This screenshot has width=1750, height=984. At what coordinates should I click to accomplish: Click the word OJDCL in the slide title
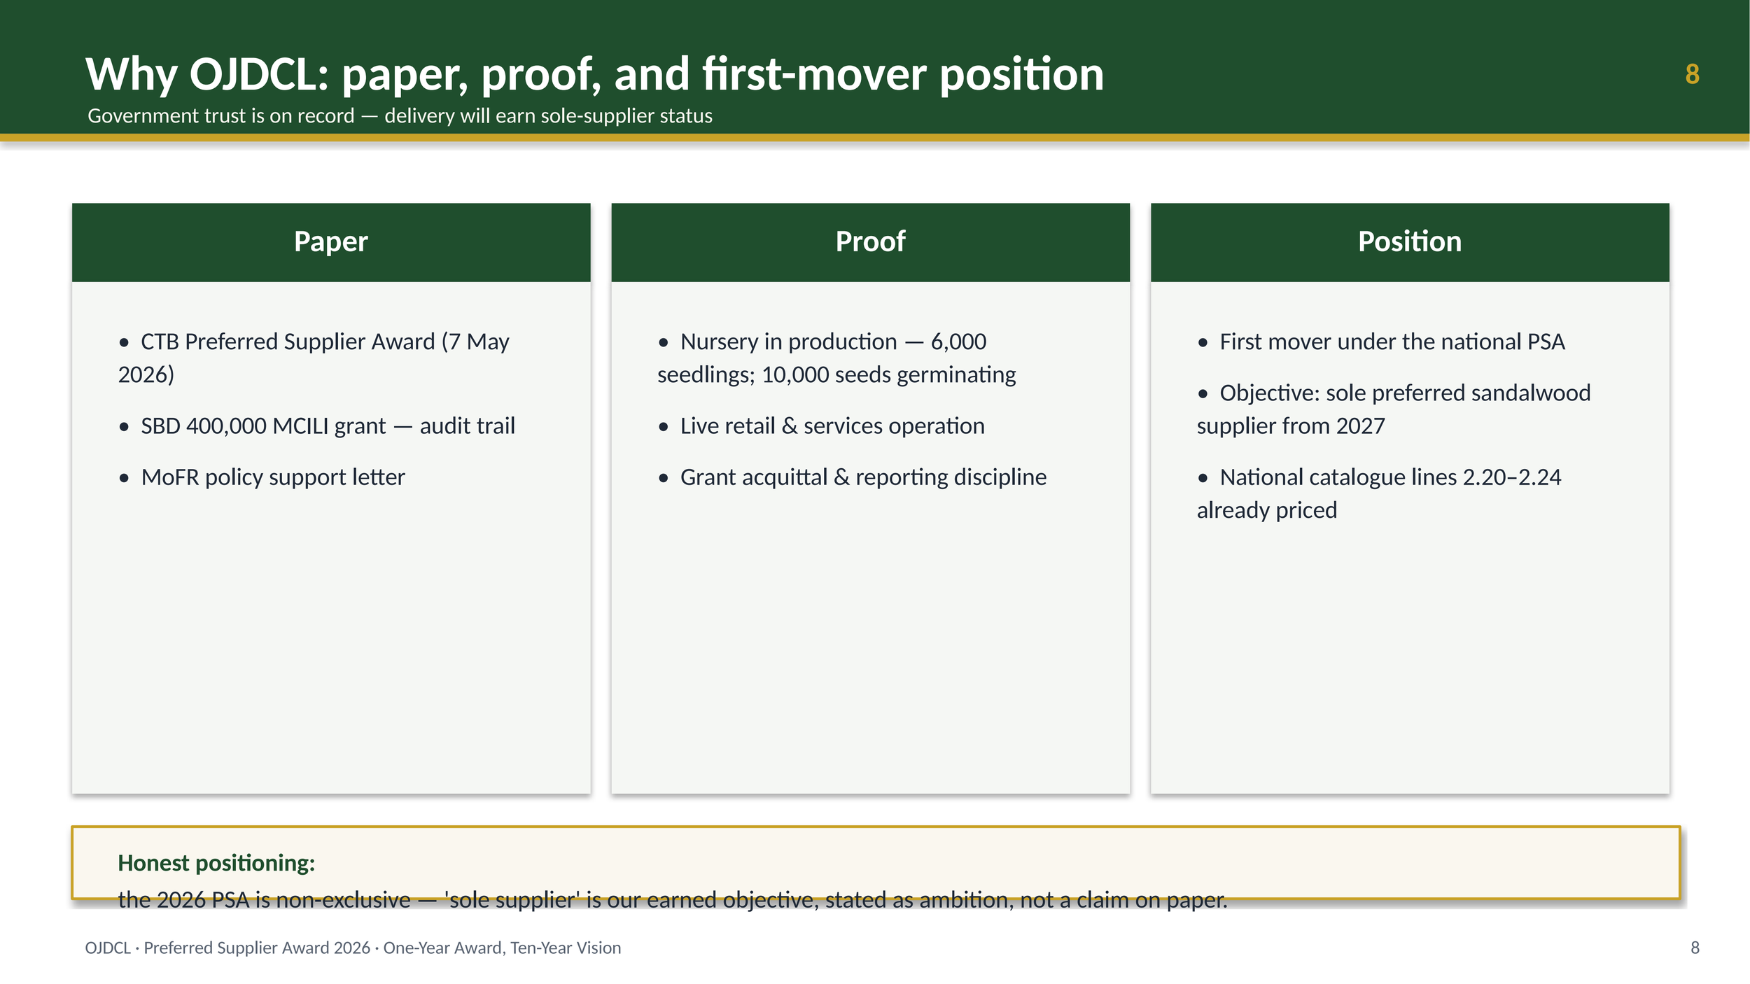point(259,74)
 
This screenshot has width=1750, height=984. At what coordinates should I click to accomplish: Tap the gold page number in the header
point(1692,74)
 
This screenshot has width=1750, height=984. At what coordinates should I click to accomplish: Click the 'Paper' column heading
point(331,241)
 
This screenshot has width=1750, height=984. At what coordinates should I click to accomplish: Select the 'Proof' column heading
point(870,241)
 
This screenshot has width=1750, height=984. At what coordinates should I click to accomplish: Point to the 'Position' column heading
point(1410,241)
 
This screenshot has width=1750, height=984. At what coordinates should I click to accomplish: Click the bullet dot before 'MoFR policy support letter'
point(124,479)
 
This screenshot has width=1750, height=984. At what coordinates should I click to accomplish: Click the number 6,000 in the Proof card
point(958,342)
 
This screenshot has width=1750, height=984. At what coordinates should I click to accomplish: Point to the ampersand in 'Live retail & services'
point(790,426)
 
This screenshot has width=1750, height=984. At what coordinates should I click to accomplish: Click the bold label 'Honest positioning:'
point(216,864)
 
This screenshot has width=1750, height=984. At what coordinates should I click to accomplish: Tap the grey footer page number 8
point(1695,948)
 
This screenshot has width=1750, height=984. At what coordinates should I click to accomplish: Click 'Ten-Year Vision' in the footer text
point(566,948)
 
